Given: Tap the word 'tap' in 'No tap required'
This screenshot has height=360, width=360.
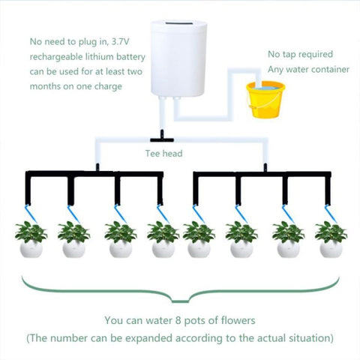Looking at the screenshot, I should click(x=291, y=55).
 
